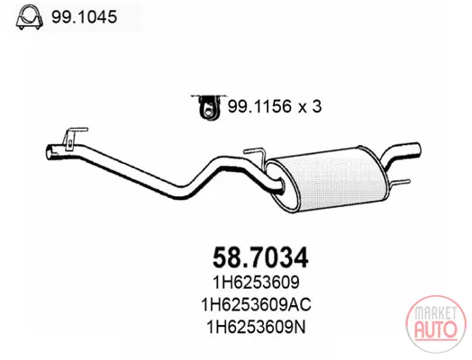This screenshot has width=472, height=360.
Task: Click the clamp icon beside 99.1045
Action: (29, 17)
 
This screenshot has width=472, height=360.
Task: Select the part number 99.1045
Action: (84, 17)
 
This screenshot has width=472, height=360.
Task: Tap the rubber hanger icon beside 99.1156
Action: (208, 106)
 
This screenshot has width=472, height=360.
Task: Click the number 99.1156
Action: (260, 106)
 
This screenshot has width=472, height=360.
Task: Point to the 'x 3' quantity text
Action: (310, 107)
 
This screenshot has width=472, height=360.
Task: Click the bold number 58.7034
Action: (260, 257)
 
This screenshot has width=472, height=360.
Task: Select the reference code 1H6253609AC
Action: (256, 305)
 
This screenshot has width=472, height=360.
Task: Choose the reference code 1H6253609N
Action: (256, 327)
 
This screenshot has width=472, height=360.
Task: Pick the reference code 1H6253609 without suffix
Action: (256, 283)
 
